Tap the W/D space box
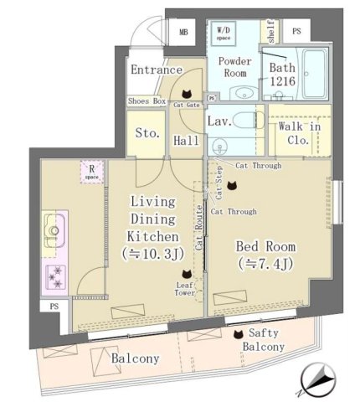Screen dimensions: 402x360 click(x=225, y=33)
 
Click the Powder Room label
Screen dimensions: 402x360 click(x=236, y=69)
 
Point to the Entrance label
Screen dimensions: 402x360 click(x=157, y=70)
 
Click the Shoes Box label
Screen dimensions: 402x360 click(x=147, y=100)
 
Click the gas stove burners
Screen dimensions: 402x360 click(x=56, y=272)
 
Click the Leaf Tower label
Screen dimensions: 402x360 click(x=185, y=291)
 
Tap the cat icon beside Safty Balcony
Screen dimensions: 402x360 click(x=238, y=333)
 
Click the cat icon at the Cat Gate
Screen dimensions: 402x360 click(x=187, y=94)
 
